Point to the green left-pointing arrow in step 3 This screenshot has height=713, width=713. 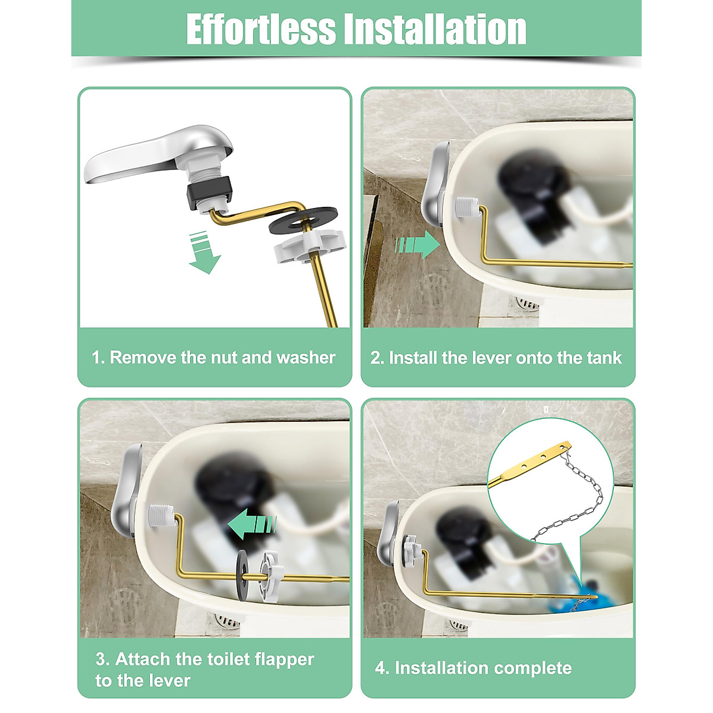pos(252,525)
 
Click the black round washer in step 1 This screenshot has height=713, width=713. pos(303,219)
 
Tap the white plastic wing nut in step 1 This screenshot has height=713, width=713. pos(303,247)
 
